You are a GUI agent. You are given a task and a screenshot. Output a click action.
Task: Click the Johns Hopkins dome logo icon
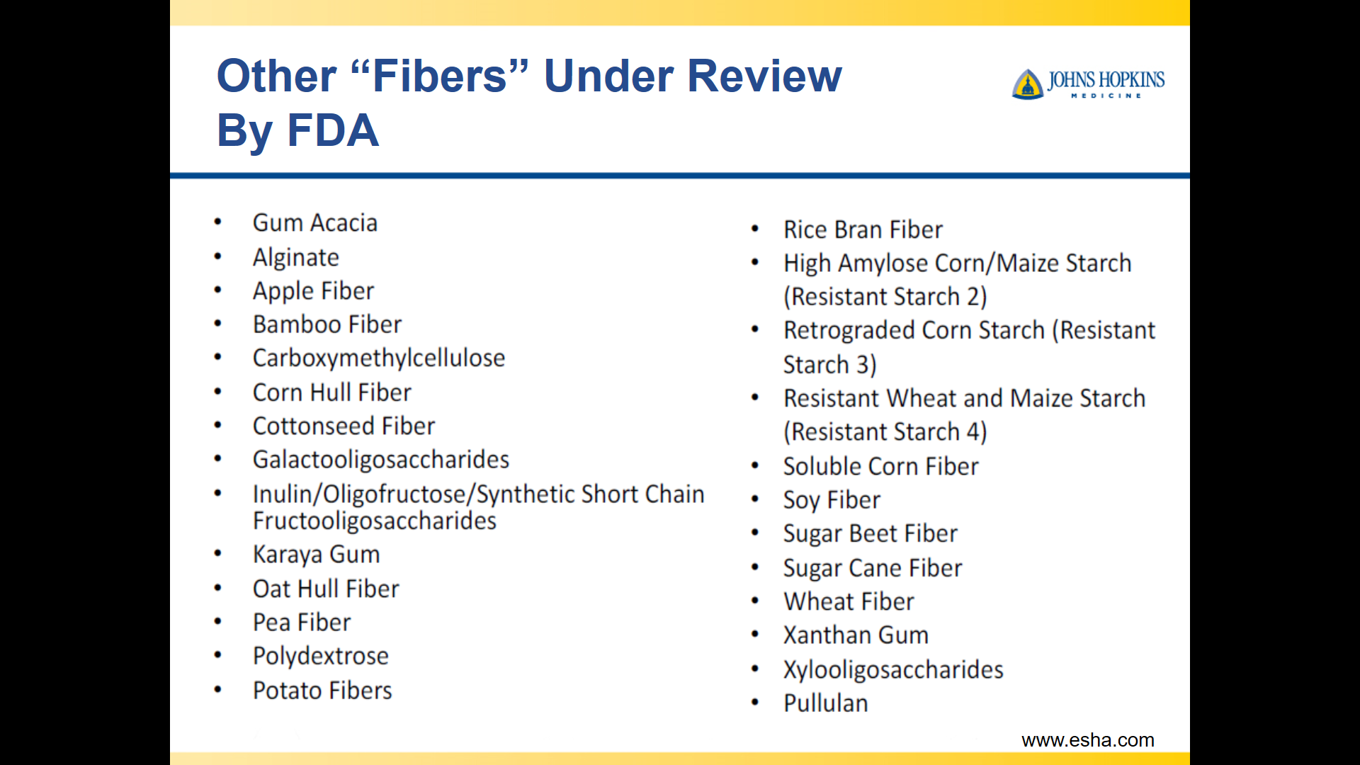click(1028, 84)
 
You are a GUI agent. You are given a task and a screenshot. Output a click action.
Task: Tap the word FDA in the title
click(333, 130)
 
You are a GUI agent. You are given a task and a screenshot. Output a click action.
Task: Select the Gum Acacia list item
click(315, 223)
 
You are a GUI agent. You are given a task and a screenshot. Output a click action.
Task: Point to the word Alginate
click(296, 258)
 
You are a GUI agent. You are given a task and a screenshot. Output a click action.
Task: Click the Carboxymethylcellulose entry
click(379, 358)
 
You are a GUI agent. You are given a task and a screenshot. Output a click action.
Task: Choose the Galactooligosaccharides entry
click(381, 460)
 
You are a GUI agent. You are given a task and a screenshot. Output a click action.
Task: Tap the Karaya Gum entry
click(317, 555)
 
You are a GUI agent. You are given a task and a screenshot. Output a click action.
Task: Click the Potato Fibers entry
click(322, 691)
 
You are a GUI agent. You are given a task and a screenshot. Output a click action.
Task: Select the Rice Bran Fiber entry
click(863, 230)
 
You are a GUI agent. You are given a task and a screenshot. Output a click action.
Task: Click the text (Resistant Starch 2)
click(885, 297)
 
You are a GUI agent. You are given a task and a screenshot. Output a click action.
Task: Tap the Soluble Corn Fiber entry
click(881, 467)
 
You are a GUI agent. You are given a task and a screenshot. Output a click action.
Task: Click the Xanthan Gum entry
click(856, 635)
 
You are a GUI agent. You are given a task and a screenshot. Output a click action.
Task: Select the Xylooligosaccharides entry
click(894, 670)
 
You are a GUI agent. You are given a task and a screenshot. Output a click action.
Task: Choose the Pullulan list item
click(826, 703)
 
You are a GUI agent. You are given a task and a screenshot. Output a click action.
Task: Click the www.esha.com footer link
click(1088, 740)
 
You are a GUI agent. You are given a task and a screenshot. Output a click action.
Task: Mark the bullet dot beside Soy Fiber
click(755, 499)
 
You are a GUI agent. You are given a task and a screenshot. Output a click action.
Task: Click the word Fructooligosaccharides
click(375, 521)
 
